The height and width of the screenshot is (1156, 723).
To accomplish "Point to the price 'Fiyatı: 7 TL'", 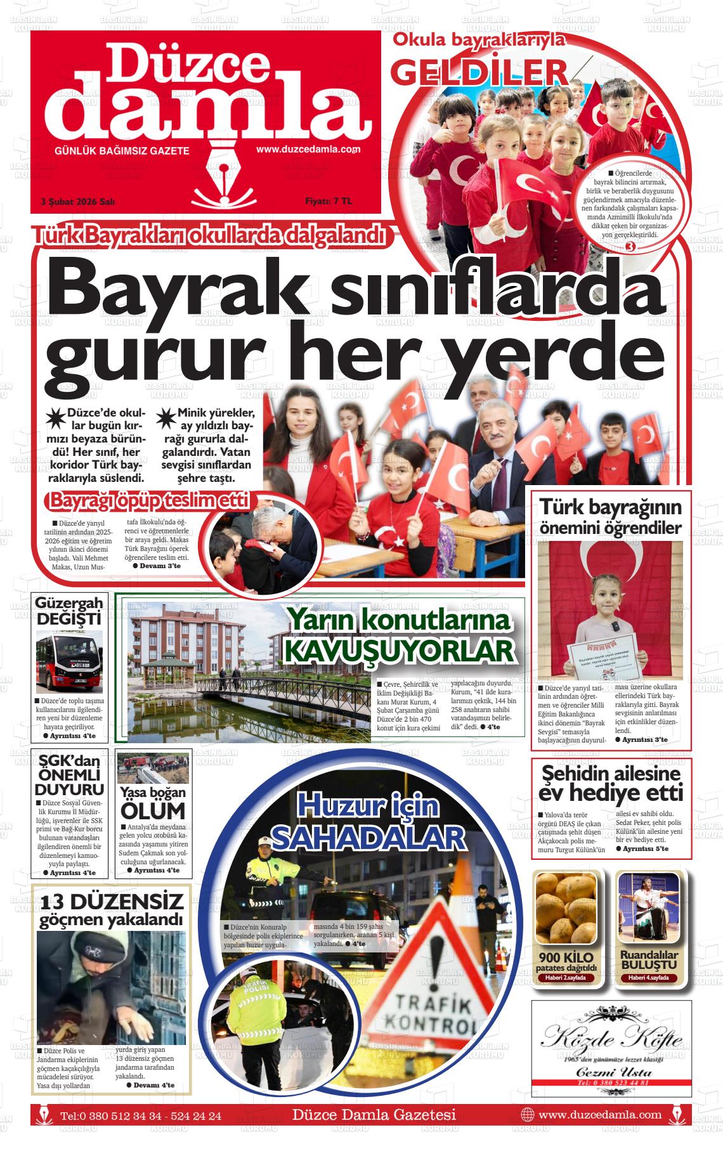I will pos(328,201).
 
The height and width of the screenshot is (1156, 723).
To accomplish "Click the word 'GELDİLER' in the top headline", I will pos(479,72).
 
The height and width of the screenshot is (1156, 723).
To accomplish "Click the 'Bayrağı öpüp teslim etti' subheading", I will pos(150,500).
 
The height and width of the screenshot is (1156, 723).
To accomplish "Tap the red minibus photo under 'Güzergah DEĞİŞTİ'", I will pos(69,661).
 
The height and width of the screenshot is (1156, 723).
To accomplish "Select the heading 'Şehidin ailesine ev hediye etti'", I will pos(611,783).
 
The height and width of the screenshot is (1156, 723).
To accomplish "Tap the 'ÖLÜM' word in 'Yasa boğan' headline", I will pos(153,810).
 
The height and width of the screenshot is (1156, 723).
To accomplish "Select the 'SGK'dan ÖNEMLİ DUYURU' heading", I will pos(69,775).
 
